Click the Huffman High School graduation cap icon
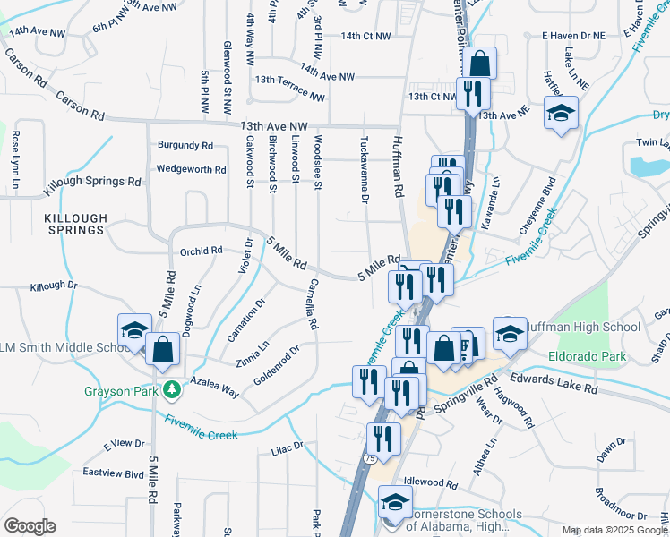[510, 333]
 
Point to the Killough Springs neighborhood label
[75, 224]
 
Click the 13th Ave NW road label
[273, 127]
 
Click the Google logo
[30, 526]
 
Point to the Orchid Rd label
[201, 251]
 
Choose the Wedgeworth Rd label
[191, 168]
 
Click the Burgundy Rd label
[185, 144]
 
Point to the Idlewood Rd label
[430, 482]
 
